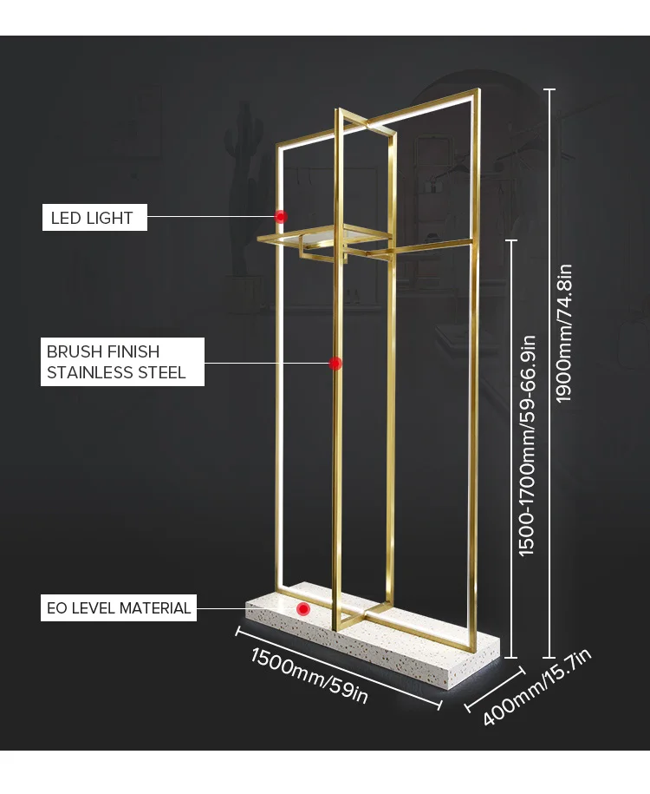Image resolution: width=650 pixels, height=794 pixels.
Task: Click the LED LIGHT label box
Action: point(94,218)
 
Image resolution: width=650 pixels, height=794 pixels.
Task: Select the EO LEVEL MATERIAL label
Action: point(119,607)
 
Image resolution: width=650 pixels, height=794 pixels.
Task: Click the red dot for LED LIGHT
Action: point(281,216)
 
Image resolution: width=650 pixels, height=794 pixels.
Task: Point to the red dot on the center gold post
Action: point(335,363)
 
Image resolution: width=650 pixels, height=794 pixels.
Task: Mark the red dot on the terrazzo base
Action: point(302,609)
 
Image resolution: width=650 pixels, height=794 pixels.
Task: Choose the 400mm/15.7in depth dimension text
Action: point(536,687)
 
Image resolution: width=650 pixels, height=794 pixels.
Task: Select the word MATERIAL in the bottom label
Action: point(157,607)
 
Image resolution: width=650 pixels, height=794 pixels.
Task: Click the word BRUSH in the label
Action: point(75,351)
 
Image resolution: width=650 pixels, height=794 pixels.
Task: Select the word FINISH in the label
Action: point(133,351)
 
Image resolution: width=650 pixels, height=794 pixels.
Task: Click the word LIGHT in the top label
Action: point(109,218)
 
